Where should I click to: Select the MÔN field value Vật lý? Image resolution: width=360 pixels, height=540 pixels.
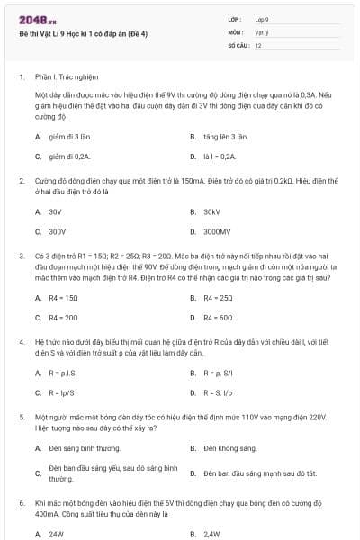(261, 31)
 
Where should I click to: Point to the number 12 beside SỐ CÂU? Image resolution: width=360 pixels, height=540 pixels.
(258, 44)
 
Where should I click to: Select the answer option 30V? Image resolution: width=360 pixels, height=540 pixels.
(55, 211)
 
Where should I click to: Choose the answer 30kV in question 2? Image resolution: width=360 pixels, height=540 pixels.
(211, 211)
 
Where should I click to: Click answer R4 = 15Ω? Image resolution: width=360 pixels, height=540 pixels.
(64, 298)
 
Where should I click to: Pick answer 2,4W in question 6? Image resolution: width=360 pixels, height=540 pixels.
(211, 534)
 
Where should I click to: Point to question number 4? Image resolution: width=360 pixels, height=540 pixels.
(22, 343)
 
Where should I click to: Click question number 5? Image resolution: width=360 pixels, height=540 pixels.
(22, 418)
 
